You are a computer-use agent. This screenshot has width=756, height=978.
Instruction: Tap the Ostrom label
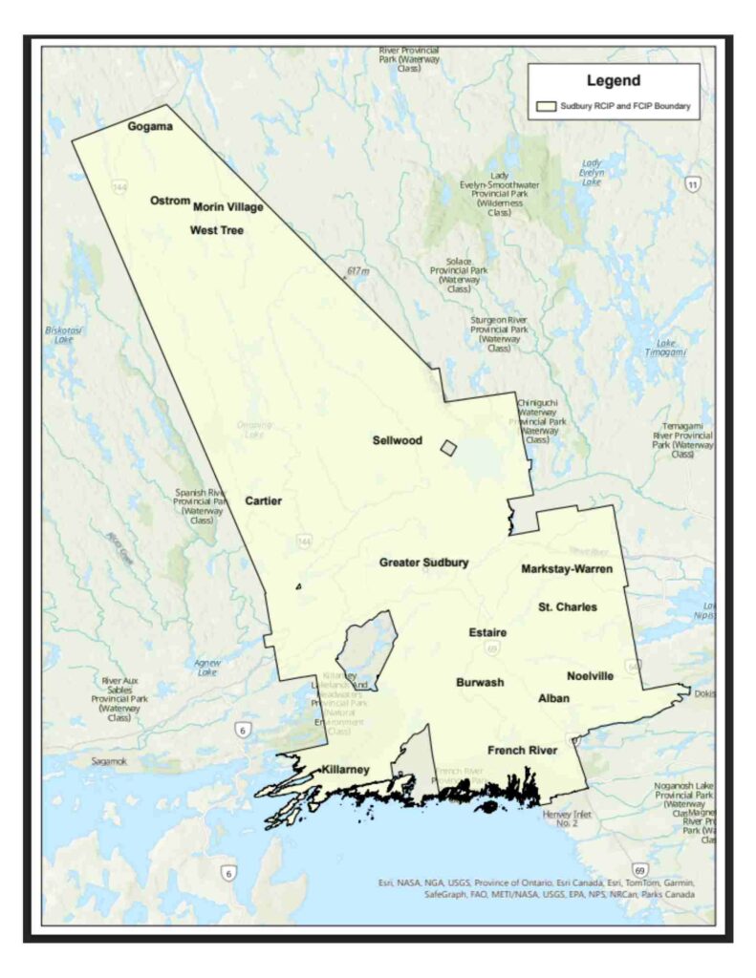click(170, 201)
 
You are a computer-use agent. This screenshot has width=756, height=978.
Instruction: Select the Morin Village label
click(227, 206)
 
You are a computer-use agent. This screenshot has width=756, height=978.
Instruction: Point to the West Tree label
click(216, 230)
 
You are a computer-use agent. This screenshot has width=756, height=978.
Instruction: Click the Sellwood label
click(397, 440)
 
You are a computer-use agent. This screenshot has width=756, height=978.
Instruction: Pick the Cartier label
click(263, 500)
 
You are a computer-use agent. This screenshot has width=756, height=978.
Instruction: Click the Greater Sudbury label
click(423, 563)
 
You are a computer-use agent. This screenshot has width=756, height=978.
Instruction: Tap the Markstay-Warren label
click(567, 569)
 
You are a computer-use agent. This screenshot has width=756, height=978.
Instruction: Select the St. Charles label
click(567, 606)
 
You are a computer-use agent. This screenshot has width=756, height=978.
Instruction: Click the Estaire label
click(487, 633)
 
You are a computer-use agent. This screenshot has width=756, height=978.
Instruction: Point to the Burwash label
click(480, 682)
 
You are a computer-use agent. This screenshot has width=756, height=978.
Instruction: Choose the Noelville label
click(590, 676)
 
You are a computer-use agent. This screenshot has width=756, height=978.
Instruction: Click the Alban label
click(553, 698)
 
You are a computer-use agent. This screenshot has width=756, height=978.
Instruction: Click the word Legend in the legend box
click(614, 81)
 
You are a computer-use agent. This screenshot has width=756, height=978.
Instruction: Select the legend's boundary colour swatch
click(547, 107)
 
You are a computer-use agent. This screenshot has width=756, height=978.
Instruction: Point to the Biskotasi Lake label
click(64, 334)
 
